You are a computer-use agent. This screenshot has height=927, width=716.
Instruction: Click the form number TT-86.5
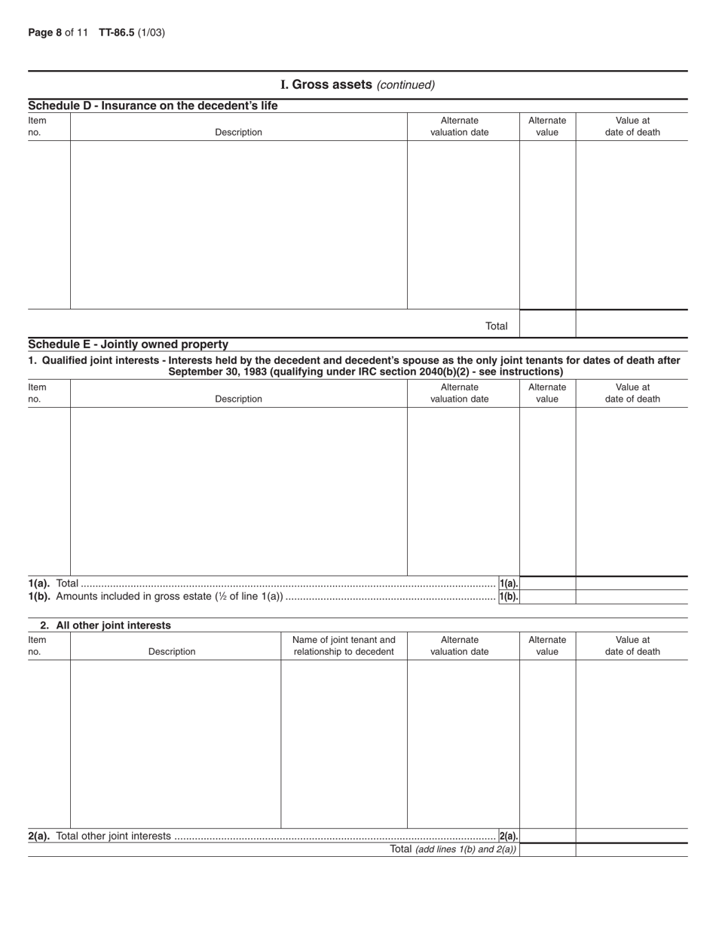[x=116, y=32]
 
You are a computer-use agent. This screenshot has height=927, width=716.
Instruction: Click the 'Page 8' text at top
[x=44, y=32]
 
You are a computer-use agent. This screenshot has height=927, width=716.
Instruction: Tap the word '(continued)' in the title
[x=405, y=85]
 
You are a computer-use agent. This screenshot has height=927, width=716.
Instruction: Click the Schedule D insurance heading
[x=152, y=106]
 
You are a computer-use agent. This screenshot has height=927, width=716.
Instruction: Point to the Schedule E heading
[x=128, y=344]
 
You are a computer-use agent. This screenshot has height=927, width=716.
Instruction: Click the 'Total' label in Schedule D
[x=496, y=326]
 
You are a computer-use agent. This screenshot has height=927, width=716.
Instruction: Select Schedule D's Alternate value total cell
[x=547, y=324]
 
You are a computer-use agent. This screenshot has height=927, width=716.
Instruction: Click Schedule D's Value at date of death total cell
[x=632, y=324]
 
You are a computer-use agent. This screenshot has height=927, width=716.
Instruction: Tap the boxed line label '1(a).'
[x=509, y=583]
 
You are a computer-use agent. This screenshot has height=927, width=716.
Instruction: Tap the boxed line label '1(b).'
[x=509, y=597]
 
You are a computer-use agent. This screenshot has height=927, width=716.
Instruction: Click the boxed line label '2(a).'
[x=509, y=836]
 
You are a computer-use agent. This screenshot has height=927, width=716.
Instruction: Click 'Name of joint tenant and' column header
[x=344, y=640]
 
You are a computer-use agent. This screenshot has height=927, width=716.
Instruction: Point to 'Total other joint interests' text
[x=113, y=836]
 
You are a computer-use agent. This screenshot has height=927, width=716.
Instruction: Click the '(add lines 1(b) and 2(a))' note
[x=466, y=849]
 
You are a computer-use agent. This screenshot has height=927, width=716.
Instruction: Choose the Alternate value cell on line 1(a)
[x=547, y=583]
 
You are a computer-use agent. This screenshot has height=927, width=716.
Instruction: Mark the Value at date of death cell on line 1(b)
[x=632, y=597]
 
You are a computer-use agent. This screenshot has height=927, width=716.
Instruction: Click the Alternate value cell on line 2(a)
[x=547, y=836]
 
